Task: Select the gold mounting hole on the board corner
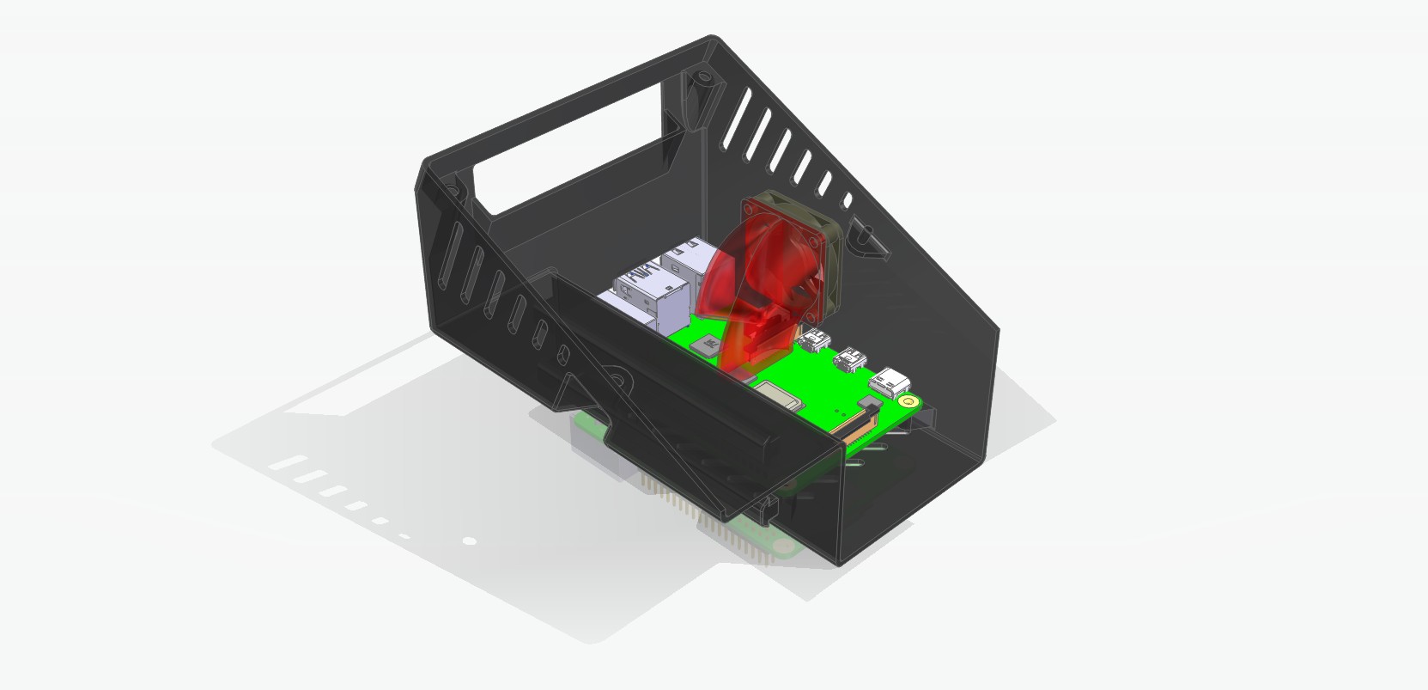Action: (x=907, y=400)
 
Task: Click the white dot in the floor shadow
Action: (x=469, y=540)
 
